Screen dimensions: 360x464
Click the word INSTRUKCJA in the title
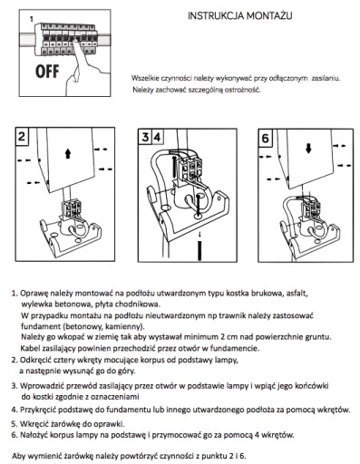click(210, 15)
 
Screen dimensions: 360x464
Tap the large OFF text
click(47, 72)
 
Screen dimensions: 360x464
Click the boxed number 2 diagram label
click(22, 137)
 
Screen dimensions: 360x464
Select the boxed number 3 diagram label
click(145, 137)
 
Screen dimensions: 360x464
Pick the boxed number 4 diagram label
click(157, 137)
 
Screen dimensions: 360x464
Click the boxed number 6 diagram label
click(265, 139)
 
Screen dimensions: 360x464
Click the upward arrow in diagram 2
click(68, 153)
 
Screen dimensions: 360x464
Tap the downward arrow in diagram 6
click(308, 148)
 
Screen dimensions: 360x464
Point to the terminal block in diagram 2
click(72, 208)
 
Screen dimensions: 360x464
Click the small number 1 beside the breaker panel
click(31, 19)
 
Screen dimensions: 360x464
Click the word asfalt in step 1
click(297, 293)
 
